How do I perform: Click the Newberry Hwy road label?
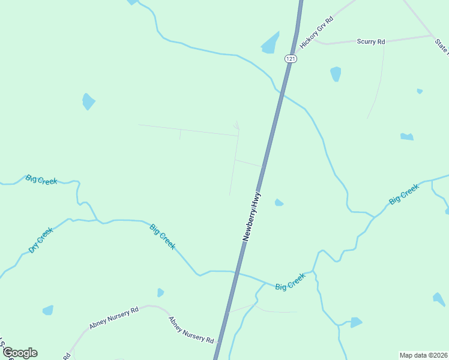(x=253, y=217)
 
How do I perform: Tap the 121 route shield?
(x=291, y=58)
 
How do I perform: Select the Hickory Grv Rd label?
(x=316, y=32)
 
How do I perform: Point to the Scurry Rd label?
(x=370, y=41)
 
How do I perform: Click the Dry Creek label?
(x=41, y=240)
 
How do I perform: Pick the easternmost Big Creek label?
(x=404, y=195)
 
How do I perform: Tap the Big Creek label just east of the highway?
(x=290, y=282)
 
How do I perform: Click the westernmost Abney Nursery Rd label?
(x=114, y=317)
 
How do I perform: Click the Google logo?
(x=20, y=353)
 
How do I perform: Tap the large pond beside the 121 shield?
(x=271, y=43)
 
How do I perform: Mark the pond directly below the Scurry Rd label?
(x=336, y=74)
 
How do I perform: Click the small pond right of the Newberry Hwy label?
(x=279, y=203)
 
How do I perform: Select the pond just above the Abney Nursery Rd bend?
(x=160, y=293)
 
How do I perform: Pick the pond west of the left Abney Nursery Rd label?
(x=48, y=310)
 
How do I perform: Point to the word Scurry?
(x=366, y=41)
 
